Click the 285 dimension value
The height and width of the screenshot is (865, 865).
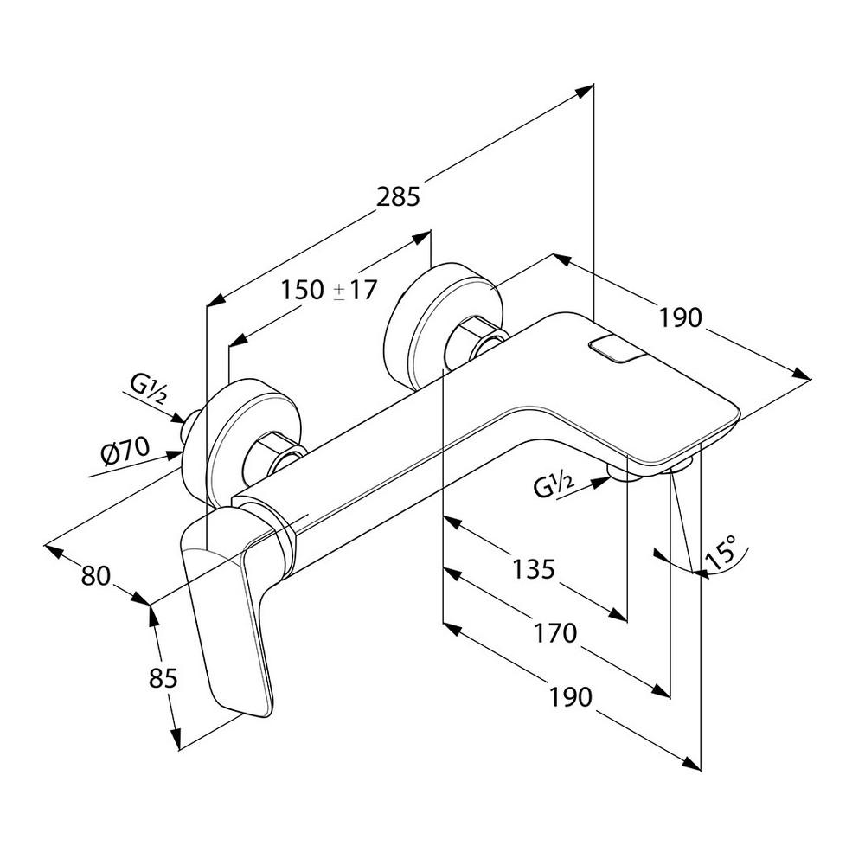pyautogui.click(x=399, y=197)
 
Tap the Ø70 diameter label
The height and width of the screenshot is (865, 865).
pyautogui.click(x=126, y=451)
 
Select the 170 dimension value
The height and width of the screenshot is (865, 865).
pyautogui.click(x=554, y=634)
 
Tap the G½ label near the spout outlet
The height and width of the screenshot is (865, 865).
pyautogui.click(x=554, y=489)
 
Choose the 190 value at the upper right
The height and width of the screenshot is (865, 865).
pyautogui.click(x=679, y=317)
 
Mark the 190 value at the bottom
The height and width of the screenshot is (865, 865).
pyautogui.click(x=571, y=696)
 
